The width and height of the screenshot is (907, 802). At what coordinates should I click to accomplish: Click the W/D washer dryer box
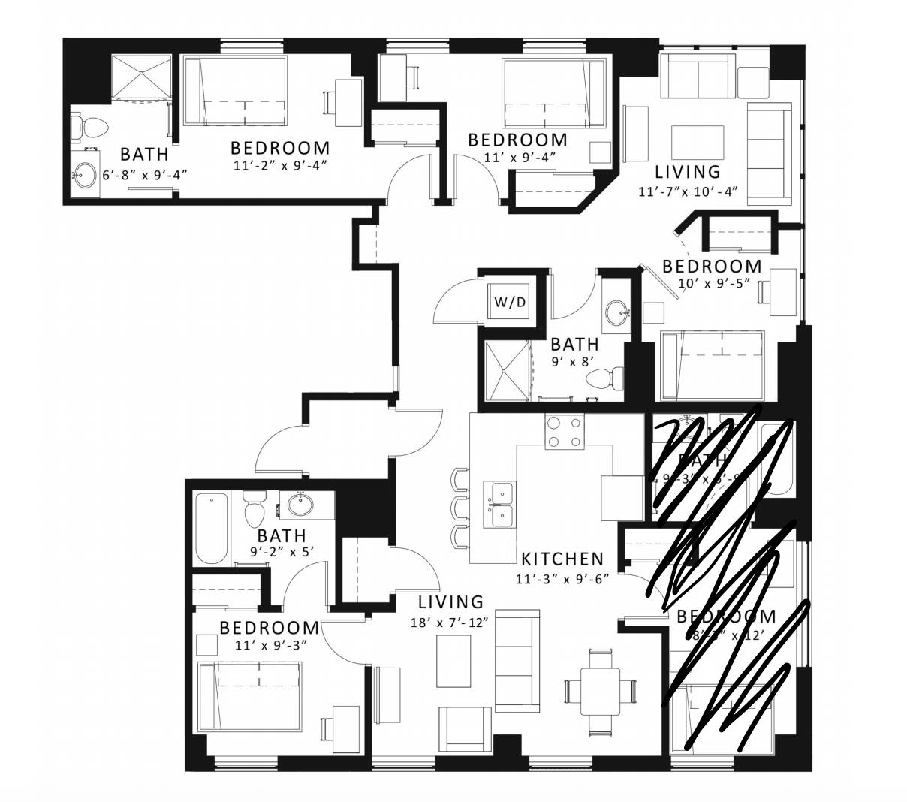click(x=508, y=303)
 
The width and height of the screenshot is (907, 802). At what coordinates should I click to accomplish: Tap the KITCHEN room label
click(x=562, y=559)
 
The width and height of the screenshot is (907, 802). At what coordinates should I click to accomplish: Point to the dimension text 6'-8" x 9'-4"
click(x=144, y=174)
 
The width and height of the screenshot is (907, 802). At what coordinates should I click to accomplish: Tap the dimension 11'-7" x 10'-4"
click(x=689, y=191)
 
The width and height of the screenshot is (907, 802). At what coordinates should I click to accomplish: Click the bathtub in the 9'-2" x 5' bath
click(x=211, y=529)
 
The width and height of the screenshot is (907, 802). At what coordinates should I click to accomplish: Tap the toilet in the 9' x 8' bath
click(x=606, y=377)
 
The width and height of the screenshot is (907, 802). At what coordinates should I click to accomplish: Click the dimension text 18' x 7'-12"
click(x=450, y=622)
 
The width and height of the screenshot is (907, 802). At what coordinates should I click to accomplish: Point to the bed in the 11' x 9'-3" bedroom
click(x=249, y=697)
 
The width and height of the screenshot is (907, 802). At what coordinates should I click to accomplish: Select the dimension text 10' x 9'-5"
click(x=711, y=285)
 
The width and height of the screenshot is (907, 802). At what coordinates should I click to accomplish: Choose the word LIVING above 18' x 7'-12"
click(x=450, y=601)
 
